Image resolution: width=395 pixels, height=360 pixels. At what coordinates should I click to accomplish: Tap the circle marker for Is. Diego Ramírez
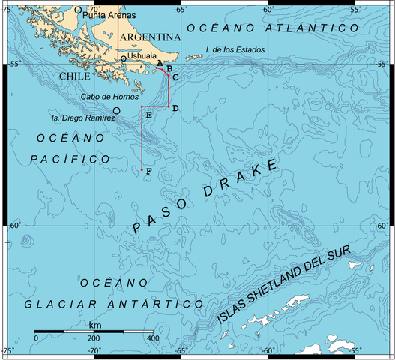(x=116, y=110)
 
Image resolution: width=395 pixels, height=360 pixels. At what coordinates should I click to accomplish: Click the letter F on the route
(x=148, y=172)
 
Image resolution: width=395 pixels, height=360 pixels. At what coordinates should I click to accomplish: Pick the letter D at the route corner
(x=175, y=109)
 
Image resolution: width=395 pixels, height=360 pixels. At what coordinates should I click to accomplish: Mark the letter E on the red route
(x=148, y=115)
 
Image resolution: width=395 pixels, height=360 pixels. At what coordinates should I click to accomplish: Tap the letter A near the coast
(x=160, y=63)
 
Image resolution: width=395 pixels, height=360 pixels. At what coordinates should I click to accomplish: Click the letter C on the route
(x=175, y=76)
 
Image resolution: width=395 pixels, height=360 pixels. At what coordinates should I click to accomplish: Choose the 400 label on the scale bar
(x=151, y=338)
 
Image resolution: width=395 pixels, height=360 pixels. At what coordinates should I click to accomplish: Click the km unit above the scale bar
(x=95, y=325)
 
